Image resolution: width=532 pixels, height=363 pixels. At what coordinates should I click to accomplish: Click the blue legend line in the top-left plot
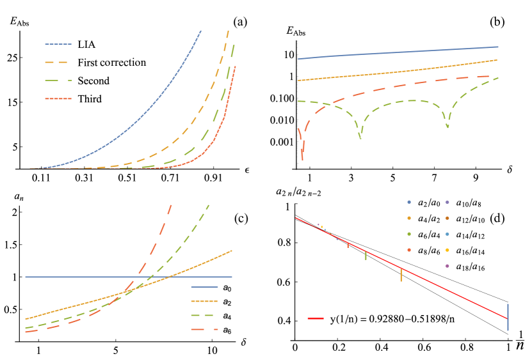point(58,44)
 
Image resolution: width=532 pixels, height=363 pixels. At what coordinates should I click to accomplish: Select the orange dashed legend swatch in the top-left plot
point(58,62)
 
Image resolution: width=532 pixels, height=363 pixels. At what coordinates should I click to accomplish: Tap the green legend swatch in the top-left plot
point(58,81)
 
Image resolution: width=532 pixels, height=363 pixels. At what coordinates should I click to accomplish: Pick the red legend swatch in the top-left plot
point(58,99)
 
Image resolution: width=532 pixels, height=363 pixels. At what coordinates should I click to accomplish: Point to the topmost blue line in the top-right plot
point(397,52)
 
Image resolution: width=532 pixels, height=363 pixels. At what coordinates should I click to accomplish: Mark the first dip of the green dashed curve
point(360,136)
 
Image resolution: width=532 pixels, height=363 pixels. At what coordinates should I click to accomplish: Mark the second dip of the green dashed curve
point(447,127)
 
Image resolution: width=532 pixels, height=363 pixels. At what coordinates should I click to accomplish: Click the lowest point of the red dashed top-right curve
point(302,157)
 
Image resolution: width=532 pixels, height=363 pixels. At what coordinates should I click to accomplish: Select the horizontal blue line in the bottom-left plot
point(77,277)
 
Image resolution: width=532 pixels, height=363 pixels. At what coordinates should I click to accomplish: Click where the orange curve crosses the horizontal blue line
point(168,277)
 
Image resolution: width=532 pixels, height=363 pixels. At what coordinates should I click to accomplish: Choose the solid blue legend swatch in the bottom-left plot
point(204,287)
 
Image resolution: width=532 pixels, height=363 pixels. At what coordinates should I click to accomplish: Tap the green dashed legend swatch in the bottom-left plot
point(204,315)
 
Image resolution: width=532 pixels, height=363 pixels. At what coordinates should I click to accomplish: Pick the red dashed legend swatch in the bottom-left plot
point(204,329)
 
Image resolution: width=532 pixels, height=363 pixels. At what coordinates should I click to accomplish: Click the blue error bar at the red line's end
point(508,317)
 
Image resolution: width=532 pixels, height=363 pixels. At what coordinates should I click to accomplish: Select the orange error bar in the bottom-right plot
point(401,274)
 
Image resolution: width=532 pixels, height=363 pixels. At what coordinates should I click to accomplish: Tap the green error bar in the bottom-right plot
point(366,254)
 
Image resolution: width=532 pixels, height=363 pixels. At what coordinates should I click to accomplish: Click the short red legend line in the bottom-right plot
point(315,318)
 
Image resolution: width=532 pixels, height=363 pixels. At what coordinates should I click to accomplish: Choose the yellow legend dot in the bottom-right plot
point(447,250)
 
